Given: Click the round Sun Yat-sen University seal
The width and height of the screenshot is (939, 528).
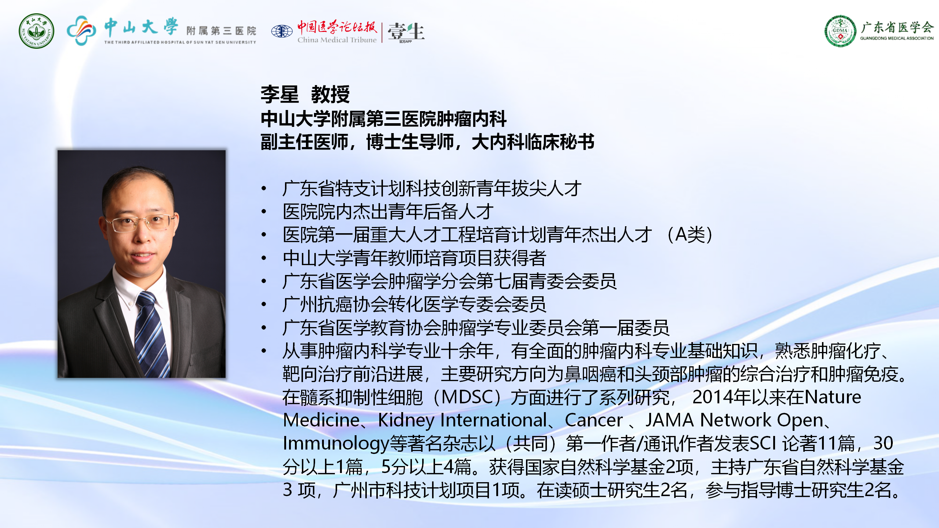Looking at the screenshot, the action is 36,31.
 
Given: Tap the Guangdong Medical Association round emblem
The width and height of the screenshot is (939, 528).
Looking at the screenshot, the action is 840,31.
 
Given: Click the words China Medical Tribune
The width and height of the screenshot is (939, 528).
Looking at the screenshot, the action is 337,40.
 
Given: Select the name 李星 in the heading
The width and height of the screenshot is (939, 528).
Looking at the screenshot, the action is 279,94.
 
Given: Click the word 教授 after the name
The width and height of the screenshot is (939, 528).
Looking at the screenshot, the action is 330,94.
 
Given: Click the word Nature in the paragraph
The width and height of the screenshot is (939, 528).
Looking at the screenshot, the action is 832,397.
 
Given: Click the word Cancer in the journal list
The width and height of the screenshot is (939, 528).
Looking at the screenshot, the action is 593,420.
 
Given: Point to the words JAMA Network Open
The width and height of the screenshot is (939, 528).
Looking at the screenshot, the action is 735,420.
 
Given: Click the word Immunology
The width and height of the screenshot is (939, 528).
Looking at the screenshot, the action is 336,444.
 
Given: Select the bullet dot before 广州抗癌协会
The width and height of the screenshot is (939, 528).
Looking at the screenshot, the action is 264,304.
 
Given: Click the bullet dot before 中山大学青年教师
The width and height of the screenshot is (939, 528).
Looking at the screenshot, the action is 264,258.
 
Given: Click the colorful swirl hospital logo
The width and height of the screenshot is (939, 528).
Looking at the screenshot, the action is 81,30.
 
